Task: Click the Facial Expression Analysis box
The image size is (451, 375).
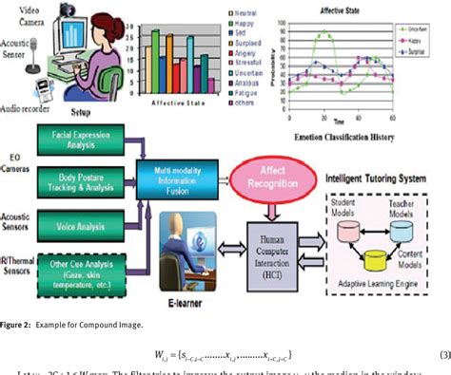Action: pyautogui.click(x=89, y=142)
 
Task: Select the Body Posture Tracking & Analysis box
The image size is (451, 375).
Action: pyautogui.click(x=89, y=180)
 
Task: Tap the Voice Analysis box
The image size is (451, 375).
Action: pyautogui.click(x=89, y=216)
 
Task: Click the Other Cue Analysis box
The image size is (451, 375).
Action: pyautogui.click(x=89, y=256)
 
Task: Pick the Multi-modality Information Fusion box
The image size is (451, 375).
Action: pyautogui.click(x=180, y=177)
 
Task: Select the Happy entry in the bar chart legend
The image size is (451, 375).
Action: pyautogui.click(x=229, y=23)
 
